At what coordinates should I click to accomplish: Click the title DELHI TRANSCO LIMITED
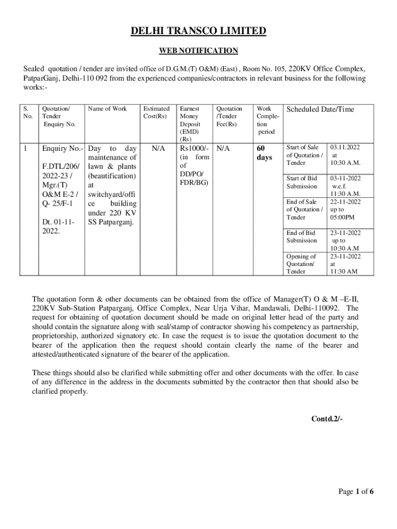pyautogui.click(x=198, y=32)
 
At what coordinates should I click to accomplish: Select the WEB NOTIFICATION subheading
pyautogui.click(x=198, y=51)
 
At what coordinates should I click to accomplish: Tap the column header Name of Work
pyautogui.click(x=107, y=109)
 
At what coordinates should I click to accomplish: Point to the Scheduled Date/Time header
pyautogui.click(x=320, y=110)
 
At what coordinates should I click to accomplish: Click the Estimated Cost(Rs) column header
pyautogui.click(x=156, y=113)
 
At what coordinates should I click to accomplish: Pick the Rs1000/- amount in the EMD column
pyautogui.click(x=193, y=149)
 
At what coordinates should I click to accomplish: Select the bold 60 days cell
pyautogui.click(x=264, y=153)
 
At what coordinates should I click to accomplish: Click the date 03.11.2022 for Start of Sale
pyautogui.click(x=345, y=148)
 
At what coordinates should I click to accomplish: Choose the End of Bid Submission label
pyautogui.click(x=302, y=237)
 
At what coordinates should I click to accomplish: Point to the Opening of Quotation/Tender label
pyautogui.click(x=301, y=263)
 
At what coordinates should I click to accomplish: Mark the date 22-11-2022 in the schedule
pyautogui.click(x=345, y=202)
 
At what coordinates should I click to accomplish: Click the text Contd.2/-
pyautogui.click(x=327, y=418)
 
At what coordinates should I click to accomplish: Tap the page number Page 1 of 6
pyautogui.click(x=356, y=491)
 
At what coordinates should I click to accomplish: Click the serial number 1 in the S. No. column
pyautogui.click(x=26, y=149)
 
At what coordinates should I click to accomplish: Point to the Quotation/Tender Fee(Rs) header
pyautogui.click(x=228, y=116)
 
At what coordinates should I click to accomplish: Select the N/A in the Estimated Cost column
pyautogui.click(x=158, y=149)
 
